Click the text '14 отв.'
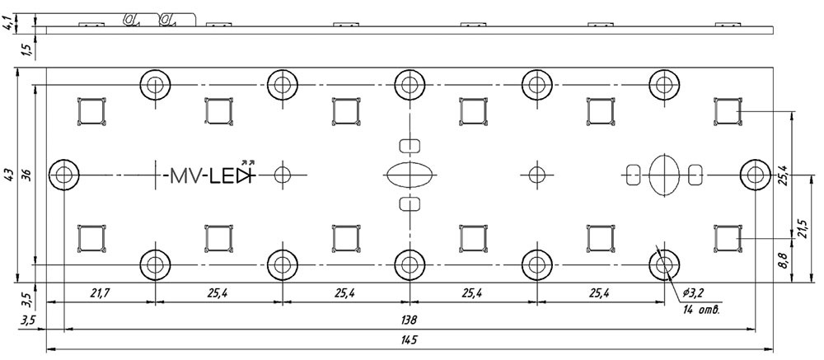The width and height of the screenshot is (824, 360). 702,311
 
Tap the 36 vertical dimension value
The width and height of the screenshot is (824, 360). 26,175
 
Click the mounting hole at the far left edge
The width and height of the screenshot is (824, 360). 63,175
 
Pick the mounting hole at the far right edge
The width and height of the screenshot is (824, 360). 755,175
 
